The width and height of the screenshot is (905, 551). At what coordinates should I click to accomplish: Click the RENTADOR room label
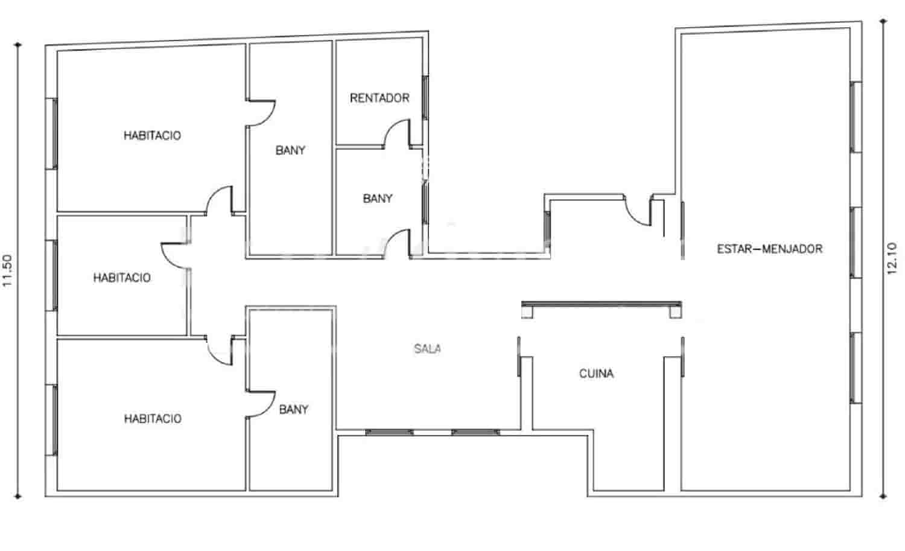coord(379,98)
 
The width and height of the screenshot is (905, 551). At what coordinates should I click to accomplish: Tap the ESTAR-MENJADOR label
coord(769,249)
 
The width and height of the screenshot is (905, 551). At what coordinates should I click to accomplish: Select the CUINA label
coord(596,374)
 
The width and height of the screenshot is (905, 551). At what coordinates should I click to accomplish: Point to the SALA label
coord(427,348)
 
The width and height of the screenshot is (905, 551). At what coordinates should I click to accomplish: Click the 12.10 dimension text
coord(893,258)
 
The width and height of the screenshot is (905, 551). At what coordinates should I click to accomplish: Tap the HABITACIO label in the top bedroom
coord(152,135)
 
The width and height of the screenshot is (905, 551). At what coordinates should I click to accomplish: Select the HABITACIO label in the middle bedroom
coord(121,278)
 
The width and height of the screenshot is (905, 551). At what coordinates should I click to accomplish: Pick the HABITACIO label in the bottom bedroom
coord(152,418)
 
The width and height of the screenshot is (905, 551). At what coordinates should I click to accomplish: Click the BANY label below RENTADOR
coord(378,198)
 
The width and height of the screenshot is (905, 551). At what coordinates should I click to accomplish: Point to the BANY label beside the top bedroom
coord(290,150)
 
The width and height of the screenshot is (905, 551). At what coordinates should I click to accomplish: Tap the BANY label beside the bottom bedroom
coord(294,409)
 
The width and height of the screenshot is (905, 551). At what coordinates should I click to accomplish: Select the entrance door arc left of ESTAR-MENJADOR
coord(637,212)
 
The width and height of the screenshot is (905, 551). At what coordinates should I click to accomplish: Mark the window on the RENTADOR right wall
coord(425,97)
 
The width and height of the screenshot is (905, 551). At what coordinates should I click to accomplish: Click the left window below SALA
coord(389,432)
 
